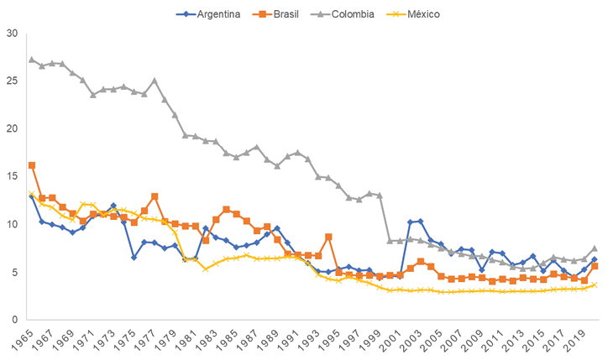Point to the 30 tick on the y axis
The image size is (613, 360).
point(11,34)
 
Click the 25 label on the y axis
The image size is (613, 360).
point(11,81)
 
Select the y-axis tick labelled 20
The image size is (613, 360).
point(11,129)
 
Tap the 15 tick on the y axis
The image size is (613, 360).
point(11,177)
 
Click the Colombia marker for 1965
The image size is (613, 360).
point(32,60)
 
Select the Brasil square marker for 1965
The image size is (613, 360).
point(32,165)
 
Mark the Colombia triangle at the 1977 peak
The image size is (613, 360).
point(155,81)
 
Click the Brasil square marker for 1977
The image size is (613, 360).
point(155,196)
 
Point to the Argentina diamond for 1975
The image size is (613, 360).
point(134,258)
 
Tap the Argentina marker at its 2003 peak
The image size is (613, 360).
point(421,222)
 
